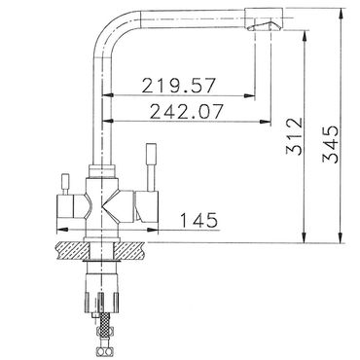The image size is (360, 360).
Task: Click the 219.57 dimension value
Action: pos(178,86)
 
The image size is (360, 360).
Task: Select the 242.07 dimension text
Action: pos(187,111)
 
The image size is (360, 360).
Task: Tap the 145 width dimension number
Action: pos(198,220)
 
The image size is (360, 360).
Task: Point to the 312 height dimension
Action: pos(295,136)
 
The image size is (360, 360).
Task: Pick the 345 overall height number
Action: pos(330,144)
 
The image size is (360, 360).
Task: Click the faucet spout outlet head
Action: pos(264,18)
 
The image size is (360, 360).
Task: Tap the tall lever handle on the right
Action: pos(151,167)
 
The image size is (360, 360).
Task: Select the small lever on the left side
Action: pos(66,184)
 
